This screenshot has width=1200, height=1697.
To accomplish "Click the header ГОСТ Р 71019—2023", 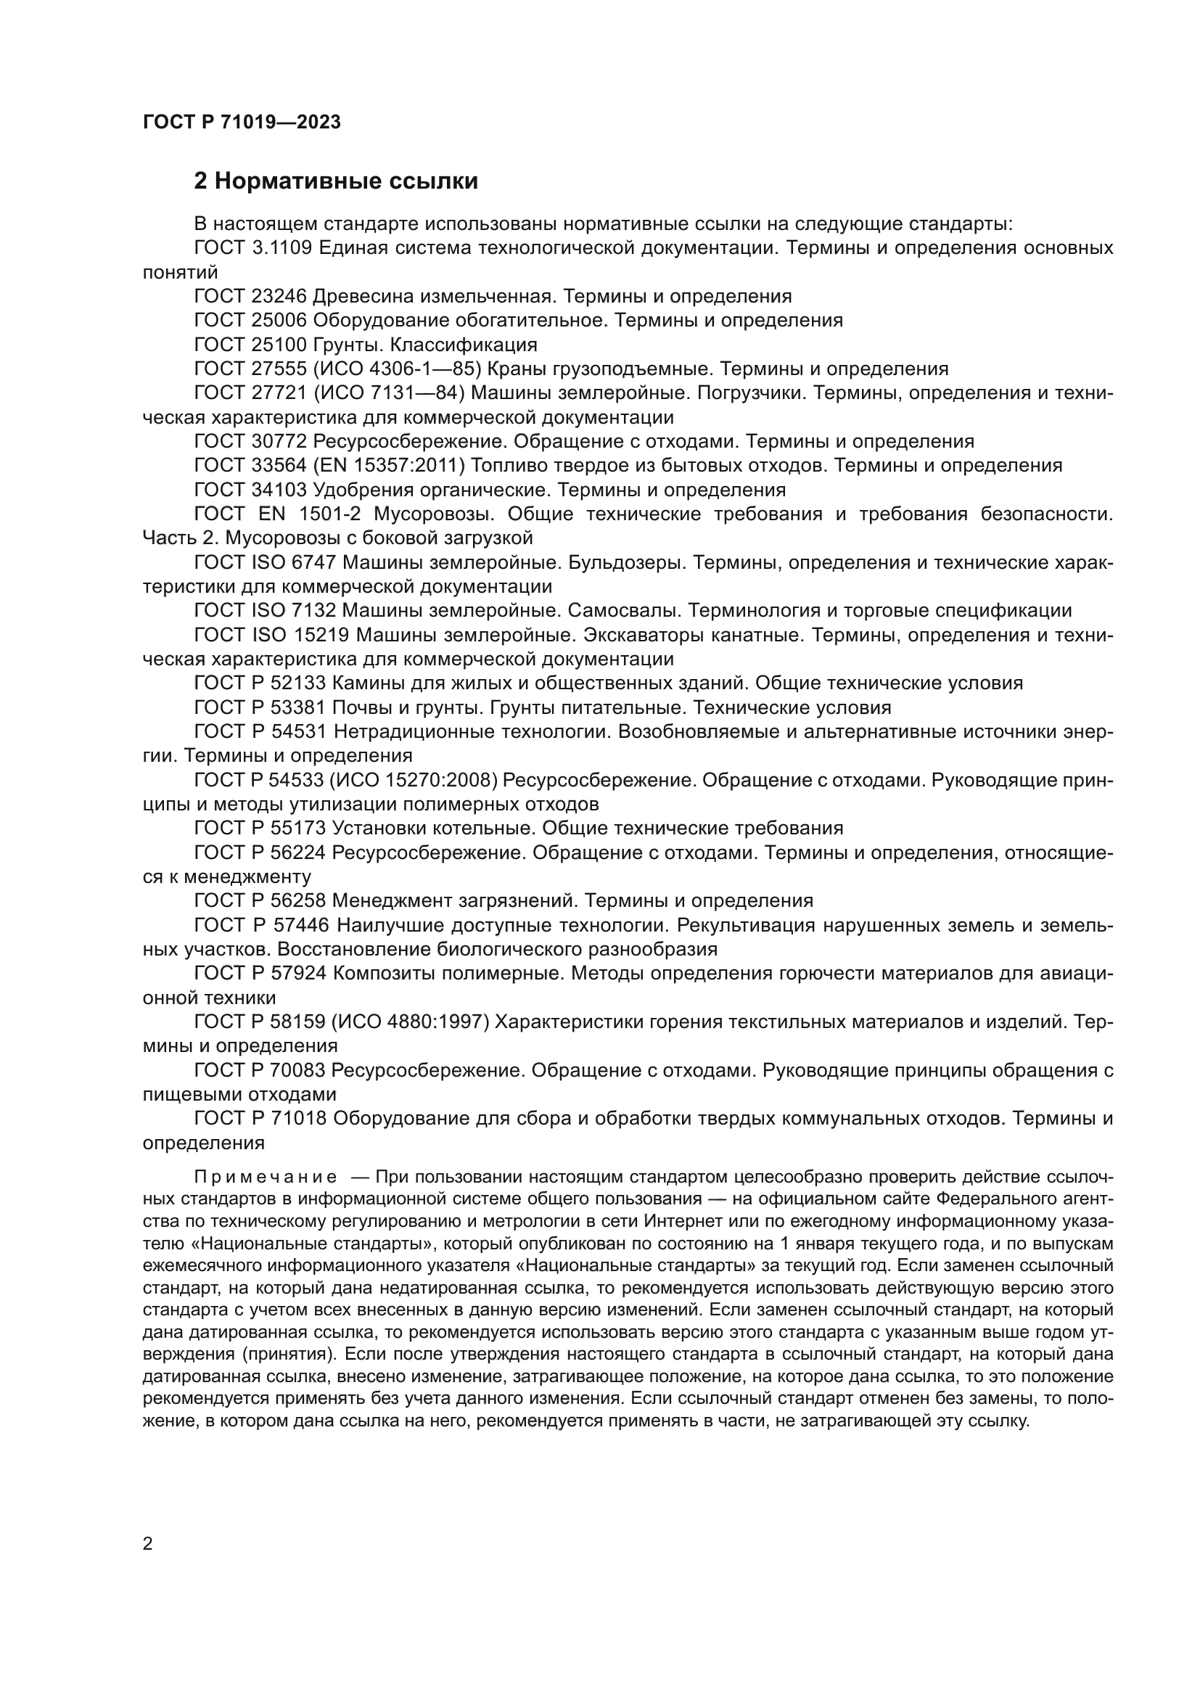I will (x=241, y=122).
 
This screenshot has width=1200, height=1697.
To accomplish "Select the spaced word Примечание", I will (x=266, y=1177).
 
